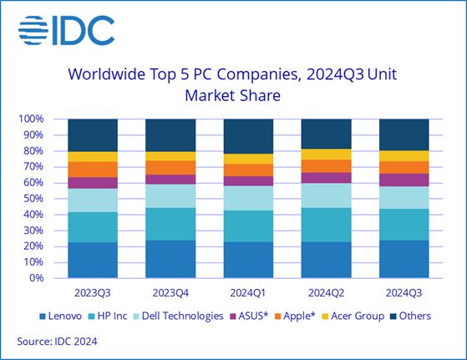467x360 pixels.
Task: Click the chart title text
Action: click(233, 84)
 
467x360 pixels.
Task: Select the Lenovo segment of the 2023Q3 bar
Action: click(93, 260)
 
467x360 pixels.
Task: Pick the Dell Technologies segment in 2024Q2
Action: click(326, 195)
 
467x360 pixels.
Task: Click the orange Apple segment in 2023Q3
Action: click(93, 170)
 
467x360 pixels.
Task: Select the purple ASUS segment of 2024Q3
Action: click(404, 180)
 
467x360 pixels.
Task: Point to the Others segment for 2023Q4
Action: click(170, 135)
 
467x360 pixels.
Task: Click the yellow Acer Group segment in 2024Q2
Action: click(326, 155)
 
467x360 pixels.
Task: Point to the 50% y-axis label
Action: click(33, 199)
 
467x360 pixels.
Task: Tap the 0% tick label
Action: click(38, 278)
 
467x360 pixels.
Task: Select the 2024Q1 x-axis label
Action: click(248, 293)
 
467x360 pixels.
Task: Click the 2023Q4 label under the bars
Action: click(170, 293)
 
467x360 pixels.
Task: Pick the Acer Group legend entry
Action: click(357, 316)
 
